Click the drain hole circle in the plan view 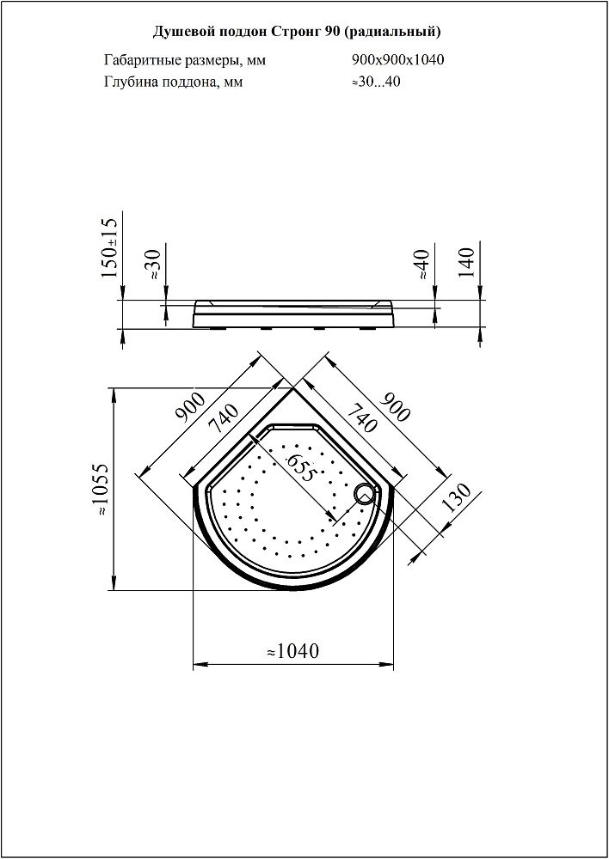(x=364, y=496)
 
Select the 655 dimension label (x=300, y=467)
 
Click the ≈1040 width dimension (x=292, y=651)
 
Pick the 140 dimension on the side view (x=466, y=263)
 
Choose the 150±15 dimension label (x=110, y=247)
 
